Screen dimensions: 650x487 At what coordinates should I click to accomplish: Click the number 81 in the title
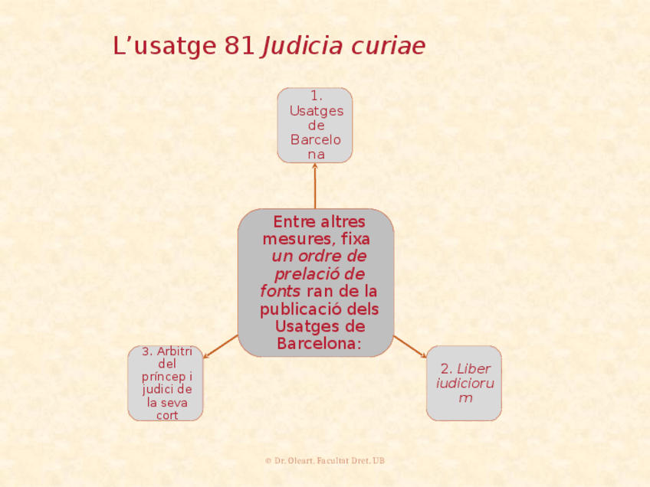pyautogui.click(x=240, y=47)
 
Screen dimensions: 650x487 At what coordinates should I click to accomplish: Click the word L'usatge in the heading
pyautogui.click(x=165, y=47)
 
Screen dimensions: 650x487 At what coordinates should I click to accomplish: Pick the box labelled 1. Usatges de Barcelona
pyautogui.click(x=315, y=125)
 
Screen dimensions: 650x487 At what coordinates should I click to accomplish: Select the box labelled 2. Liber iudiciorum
pyautogui.click(x=464, y=383)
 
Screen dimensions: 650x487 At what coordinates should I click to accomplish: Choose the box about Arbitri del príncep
pyautogui.click(x=166, y=383)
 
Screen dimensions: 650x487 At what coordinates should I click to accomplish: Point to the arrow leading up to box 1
pyautogui.click(x=315, y=185)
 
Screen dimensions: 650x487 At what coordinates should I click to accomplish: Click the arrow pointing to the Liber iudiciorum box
pyautogui.click(x=410, y=347)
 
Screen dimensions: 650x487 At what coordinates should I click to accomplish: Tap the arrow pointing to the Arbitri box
pyautogui.click(x=221, y=347)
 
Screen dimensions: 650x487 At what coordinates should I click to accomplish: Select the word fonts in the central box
pyautogui.click(x=280, y=292)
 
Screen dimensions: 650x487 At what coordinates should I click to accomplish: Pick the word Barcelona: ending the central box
pyautogui.click(x=319, y=344)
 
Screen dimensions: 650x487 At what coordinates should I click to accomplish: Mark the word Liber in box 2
pyautogui.click(x=478, y=368)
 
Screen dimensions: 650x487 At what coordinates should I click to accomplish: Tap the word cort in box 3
pyautogui.click(x=166, y=415)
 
